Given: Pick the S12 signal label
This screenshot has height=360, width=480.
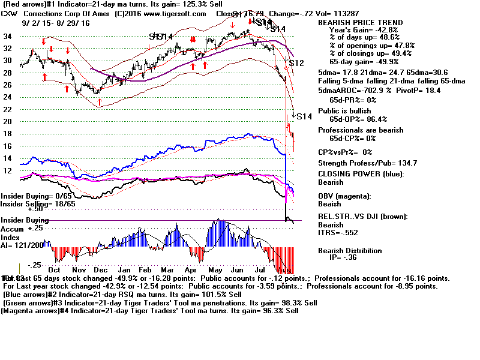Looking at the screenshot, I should tap(296, 63).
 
